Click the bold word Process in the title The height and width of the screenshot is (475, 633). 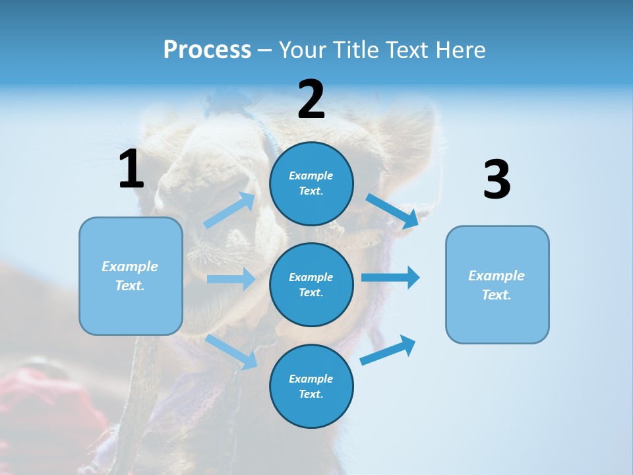click(207, 50)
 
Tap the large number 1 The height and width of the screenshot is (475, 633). click(131, 169)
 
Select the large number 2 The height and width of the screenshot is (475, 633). click(311, 100)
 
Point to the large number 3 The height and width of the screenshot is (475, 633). click(497, 179)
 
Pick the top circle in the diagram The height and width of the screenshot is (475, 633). click(311, 183)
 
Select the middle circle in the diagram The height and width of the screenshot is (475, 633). click(311, 284)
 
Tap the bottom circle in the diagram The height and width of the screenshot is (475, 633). click(311, 386)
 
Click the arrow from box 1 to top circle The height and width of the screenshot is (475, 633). click(229, 210)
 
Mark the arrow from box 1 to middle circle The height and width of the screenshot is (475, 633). click(231, 279)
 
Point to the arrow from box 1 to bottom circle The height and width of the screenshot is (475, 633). click(231, 352)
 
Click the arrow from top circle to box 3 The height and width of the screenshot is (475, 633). click(392, 210)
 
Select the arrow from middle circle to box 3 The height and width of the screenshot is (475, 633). click(390, 277)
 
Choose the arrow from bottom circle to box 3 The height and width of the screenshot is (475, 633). click(388, 350)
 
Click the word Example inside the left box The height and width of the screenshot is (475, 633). click(130, 267)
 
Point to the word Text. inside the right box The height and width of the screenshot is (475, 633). click(497, 295)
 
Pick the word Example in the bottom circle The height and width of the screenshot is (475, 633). click(311, 379)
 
